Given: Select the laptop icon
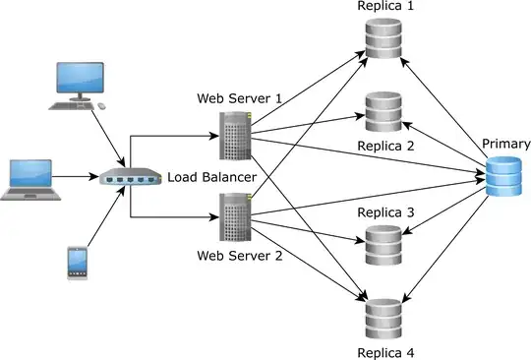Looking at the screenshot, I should (29, 179).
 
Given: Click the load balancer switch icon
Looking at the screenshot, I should (129, 178).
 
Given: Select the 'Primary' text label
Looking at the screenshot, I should (505, 144).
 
